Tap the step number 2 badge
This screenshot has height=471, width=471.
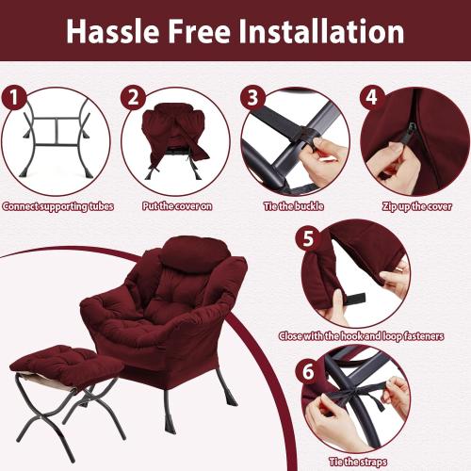tap(133, 97)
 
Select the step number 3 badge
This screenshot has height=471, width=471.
tap(252, 97)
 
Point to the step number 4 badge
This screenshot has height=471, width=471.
tap(371, 97)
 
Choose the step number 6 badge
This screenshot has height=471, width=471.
tap(306, 371)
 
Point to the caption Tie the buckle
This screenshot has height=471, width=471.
tap(295, 206)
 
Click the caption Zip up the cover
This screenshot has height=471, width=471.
tap(414, 206)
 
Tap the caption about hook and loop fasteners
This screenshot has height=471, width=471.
tap(361, 336)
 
